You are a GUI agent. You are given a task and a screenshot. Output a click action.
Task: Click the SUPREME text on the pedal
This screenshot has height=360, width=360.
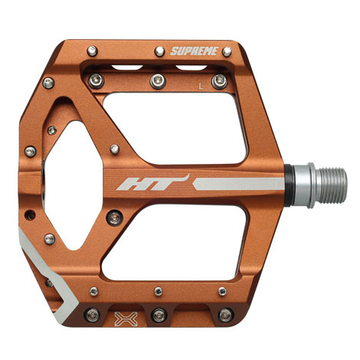click(x=195, y=51)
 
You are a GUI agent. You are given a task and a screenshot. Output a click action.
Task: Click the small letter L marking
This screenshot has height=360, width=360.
click(x=201, y=87)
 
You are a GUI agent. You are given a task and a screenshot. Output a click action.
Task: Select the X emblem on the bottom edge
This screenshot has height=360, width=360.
click(x=126, y=319)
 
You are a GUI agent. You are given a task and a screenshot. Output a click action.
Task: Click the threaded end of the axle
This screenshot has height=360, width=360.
click(x=331, y=185)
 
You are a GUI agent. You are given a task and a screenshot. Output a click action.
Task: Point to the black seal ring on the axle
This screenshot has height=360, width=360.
click(x=289, y=185)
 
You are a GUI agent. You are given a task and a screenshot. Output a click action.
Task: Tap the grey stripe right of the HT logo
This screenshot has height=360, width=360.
click(x=239, y=184)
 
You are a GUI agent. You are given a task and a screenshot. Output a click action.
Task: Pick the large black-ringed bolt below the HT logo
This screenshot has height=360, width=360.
click(x=115, y=218)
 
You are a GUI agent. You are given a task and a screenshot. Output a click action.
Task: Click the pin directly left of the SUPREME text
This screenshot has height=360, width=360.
click(x=160, y=51)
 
